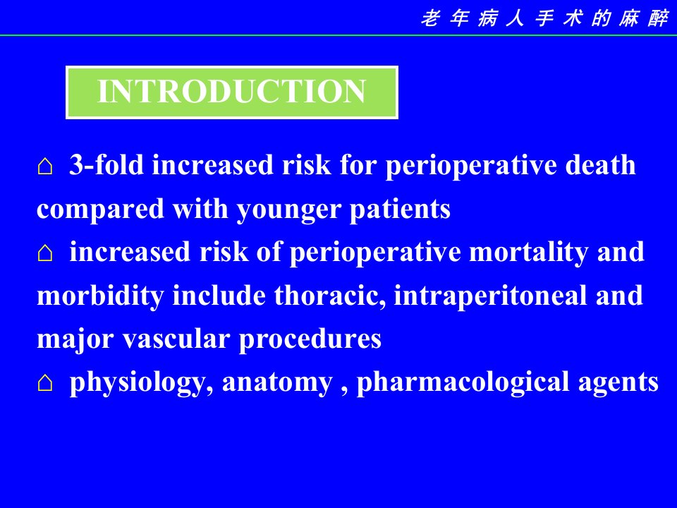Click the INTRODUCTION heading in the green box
pos(232,91)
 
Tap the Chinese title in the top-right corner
pos(544,19)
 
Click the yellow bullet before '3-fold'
pos(45,166)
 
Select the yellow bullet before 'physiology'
pos(45,382)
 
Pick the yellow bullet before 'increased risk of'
pos(45,253)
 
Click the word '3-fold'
pos(106,164)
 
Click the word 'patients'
pos(400,210)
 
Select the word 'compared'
pos(100,210)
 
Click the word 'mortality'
pos(529,253)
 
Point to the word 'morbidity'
pos(100,296)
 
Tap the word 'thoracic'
pos(330,296)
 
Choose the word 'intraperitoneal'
pos(491,296)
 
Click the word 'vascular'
pos(176,339)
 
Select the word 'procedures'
pos(310,340)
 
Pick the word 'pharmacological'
pos(463,383)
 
